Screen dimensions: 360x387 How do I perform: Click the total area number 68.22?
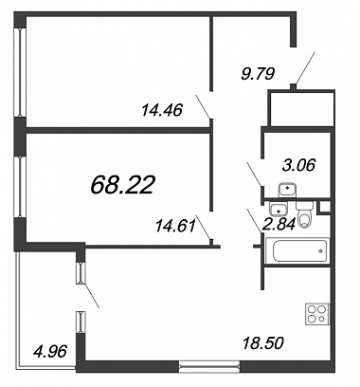pos(122,185)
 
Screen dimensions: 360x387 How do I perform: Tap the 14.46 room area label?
pos(162,110)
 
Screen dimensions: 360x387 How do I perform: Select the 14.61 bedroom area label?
pos(175,226)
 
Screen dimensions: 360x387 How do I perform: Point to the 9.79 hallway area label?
pos(258,74)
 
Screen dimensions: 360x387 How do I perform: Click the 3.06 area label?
pos(298,165)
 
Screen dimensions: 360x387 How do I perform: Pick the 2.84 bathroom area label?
pos(279,224)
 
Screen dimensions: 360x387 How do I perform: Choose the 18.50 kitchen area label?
pos(263,343)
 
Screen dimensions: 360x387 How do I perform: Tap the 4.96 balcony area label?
pos(50,351)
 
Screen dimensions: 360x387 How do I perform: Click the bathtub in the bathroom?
pos(297,251)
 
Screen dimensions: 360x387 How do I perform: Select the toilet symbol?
pos(304,215)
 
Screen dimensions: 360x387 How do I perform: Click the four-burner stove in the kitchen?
pos(317,314)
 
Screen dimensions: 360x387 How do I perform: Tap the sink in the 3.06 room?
pos(287,190)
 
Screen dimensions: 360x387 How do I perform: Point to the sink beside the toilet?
pos(278,209)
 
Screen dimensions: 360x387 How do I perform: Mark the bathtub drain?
pos(320,251)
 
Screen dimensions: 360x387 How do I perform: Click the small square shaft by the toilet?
pos(324,207)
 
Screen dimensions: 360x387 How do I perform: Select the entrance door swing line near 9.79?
pos(305,68)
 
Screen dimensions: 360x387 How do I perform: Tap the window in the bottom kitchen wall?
pos(209,366)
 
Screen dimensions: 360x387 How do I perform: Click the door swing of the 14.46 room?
pos(203,106)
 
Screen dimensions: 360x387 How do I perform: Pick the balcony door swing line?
pos(91,295)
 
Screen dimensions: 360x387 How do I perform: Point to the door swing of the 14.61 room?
pos(203,228)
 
